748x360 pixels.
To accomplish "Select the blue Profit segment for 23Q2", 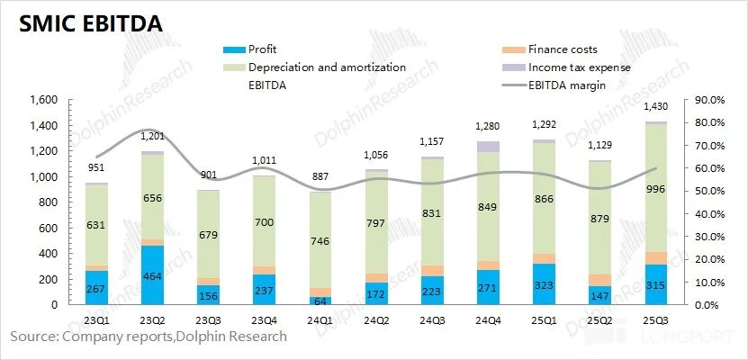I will click(152, 274).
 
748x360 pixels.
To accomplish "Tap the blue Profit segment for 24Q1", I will click(320, 300).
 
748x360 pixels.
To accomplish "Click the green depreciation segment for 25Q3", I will click(656, 187).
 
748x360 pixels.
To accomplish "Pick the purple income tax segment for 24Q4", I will click(488, 147).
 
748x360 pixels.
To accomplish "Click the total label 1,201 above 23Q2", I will click(152, 136).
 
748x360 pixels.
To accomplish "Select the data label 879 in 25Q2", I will click(600, 217).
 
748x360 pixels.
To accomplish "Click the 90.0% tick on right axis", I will click(704, 100).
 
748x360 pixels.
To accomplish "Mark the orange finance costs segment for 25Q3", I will click(656, 258).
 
